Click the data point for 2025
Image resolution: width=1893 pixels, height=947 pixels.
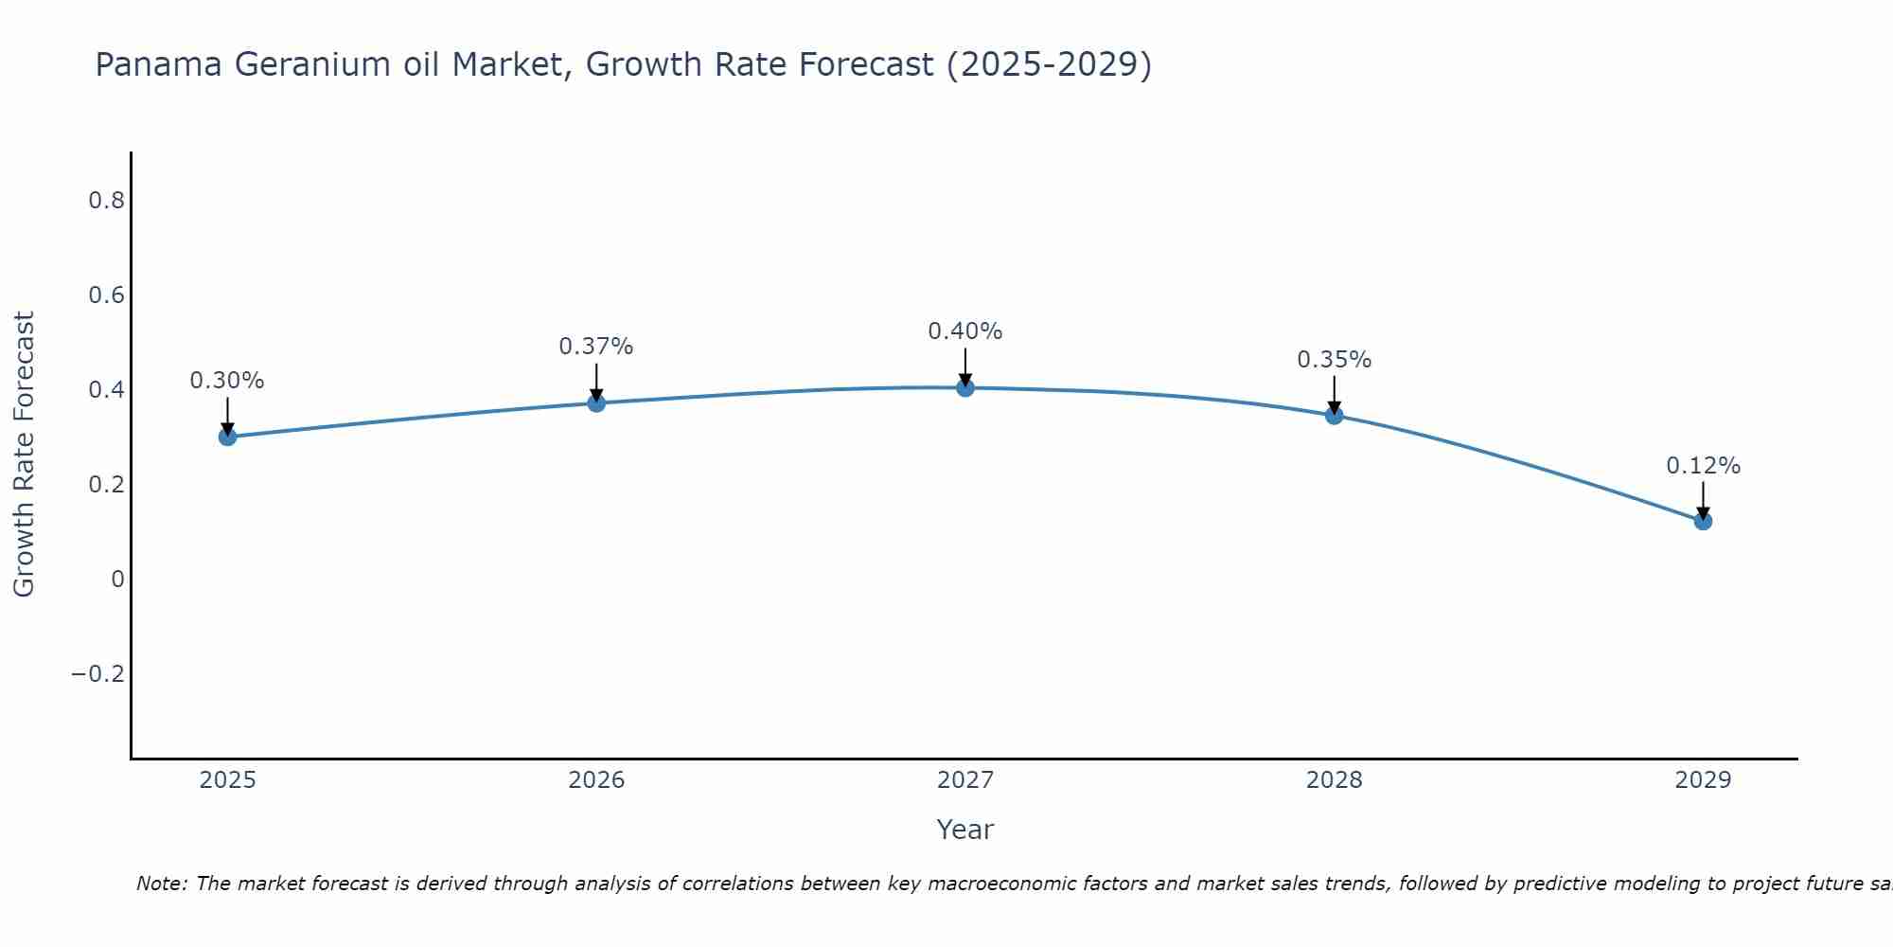click(227, 437)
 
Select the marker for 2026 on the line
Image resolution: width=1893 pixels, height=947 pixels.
click(596, 403)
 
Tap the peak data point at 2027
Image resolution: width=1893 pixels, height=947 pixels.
click(965, 387)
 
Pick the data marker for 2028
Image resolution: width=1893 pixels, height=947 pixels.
click(1335, 415)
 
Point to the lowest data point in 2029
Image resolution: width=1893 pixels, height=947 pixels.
click(1703, 521)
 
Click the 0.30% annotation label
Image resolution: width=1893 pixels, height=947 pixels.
click(227, 381)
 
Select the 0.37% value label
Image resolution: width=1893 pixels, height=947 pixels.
click(596, 347)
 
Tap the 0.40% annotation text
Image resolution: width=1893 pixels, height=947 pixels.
click(965, 331)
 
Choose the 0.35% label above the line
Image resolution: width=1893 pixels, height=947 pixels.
click(1335, 360)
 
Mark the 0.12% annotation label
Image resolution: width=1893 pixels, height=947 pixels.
click(1703, 466)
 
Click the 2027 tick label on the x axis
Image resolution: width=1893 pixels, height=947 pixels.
click(965, 780)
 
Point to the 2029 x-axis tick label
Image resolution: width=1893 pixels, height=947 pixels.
click(1703, 780)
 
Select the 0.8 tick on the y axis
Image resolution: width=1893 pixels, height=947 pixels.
click(106, 201)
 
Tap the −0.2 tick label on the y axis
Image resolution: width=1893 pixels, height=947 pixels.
click(97, 674)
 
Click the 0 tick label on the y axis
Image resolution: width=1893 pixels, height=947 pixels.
click(117, 580)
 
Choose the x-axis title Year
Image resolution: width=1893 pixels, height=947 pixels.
click(965, 830)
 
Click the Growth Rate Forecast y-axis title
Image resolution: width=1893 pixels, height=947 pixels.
click(24, 455)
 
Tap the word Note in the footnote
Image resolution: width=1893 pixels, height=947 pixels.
click(161, 884)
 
